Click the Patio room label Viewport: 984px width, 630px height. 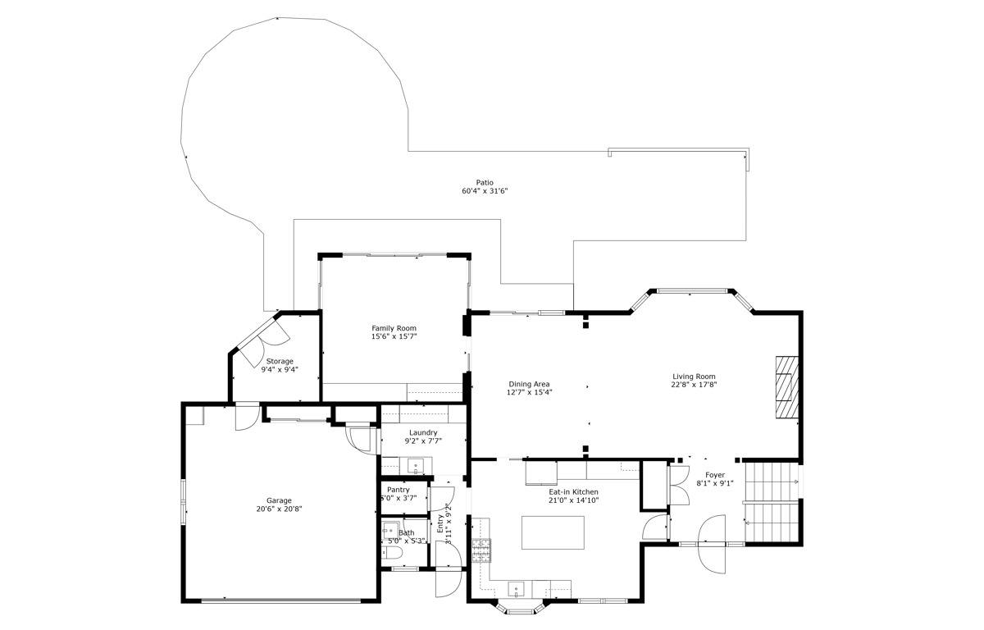(485, 182)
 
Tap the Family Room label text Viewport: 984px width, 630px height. (394, 328)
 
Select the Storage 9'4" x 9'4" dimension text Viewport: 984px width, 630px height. (280, 369)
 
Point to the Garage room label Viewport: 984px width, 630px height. (279, 500)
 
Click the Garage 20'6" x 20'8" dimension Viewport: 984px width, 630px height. (279, 509)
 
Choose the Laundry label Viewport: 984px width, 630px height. (423, 433)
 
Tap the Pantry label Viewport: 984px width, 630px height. (398, 490)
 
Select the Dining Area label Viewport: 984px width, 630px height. (529, 384)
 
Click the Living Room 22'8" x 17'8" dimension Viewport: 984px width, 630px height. (694, 385)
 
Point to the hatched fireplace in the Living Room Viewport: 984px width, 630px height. (786, 387)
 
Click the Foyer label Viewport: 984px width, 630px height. (715, 475)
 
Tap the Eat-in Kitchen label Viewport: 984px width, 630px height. (573, 492)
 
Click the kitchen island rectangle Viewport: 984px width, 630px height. (553, 532)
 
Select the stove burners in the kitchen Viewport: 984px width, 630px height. (481, 550)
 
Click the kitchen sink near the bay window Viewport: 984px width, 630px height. (516, 590)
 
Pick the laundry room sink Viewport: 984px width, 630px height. (415, 466)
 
